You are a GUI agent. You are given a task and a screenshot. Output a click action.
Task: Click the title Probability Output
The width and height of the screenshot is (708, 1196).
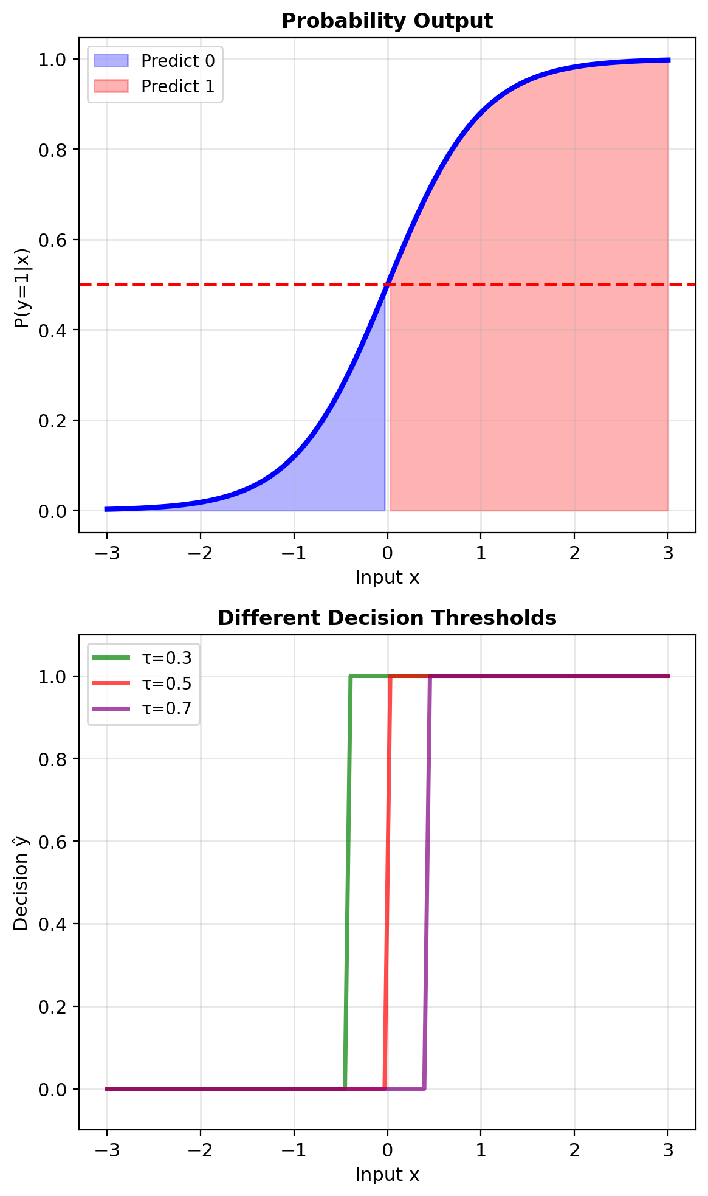tap(387, 21)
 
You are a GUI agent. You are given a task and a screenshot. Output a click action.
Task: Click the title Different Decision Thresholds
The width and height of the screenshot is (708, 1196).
tap(387, 618)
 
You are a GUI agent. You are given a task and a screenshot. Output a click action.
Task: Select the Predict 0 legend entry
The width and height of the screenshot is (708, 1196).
tap(177, 61)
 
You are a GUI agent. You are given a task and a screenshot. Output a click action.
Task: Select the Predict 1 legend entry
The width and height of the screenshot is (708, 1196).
tap(177, 86)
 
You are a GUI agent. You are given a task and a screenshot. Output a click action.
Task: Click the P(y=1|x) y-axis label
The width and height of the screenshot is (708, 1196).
tap(22, 288)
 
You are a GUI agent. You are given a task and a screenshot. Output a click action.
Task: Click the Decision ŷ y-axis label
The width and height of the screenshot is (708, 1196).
tap(22, 883)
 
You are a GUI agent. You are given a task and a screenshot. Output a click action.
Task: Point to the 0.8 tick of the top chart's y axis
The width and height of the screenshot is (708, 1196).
tap(53, 150)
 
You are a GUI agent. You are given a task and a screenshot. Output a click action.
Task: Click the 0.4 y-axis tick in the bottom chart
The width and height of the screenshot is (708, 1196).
tap(53, 924)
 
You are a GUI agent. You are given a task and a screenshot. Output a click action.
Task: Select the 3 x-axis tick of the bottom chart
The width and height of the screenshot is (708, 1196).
tap(668, 1150)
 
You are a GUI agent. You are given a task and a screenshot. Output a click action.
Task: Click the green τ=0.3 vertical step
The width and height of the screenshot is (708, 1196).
tap(348, 882)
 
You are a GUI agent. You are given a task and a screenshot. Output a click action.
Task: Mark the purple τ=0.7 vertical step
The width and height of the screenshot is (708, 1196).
tap(427, 882)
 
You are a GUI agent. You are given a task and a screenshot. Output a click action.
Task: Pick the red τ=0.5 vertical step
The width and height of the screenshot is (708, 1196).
tap(387, 882)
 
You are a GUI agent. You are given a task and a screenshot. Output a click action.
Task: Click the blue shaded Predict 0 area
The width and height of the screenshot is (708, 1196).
tap(340, 462)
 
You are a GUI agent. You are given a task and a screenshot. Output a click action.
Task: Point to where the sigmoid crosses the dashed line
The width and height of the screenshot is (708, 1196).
tap(387, 285)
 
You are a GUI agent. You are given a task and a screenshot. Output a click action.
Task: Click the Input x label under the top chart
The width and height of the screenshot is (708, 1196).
tap(387, 578)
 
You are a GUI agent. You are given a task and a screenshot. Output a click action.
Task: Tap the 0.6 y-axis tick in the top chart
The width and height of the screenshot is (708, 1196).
tap(53, 240)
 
